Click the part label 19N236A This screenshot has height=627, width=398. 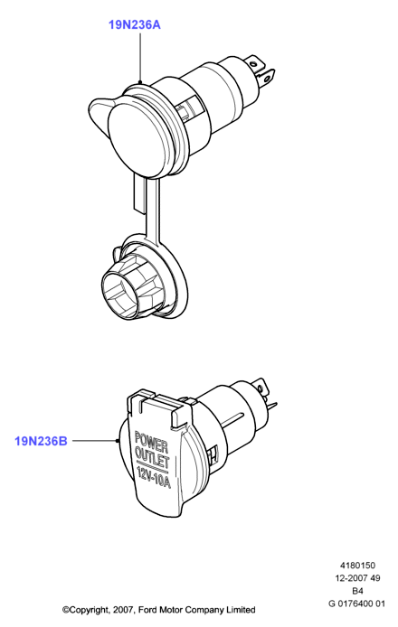click(135, 24)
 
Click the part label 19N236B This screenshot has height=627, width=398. click(41, 441)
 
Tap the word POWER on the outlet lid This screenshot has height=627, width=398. click(151, 442)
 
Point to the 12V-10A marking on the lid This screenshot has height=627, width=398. click(154, 477)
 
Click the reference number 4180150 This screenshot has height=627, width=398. click(357, 566)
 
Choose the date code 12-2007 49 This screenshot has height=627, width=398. click(357, 578)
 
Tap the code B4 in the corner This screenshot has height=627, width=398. click(357, 591)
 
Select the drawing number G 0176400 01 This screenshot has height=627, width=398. click(356, 604)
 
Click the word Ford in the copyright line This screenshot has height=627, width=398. click(147, 610)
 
